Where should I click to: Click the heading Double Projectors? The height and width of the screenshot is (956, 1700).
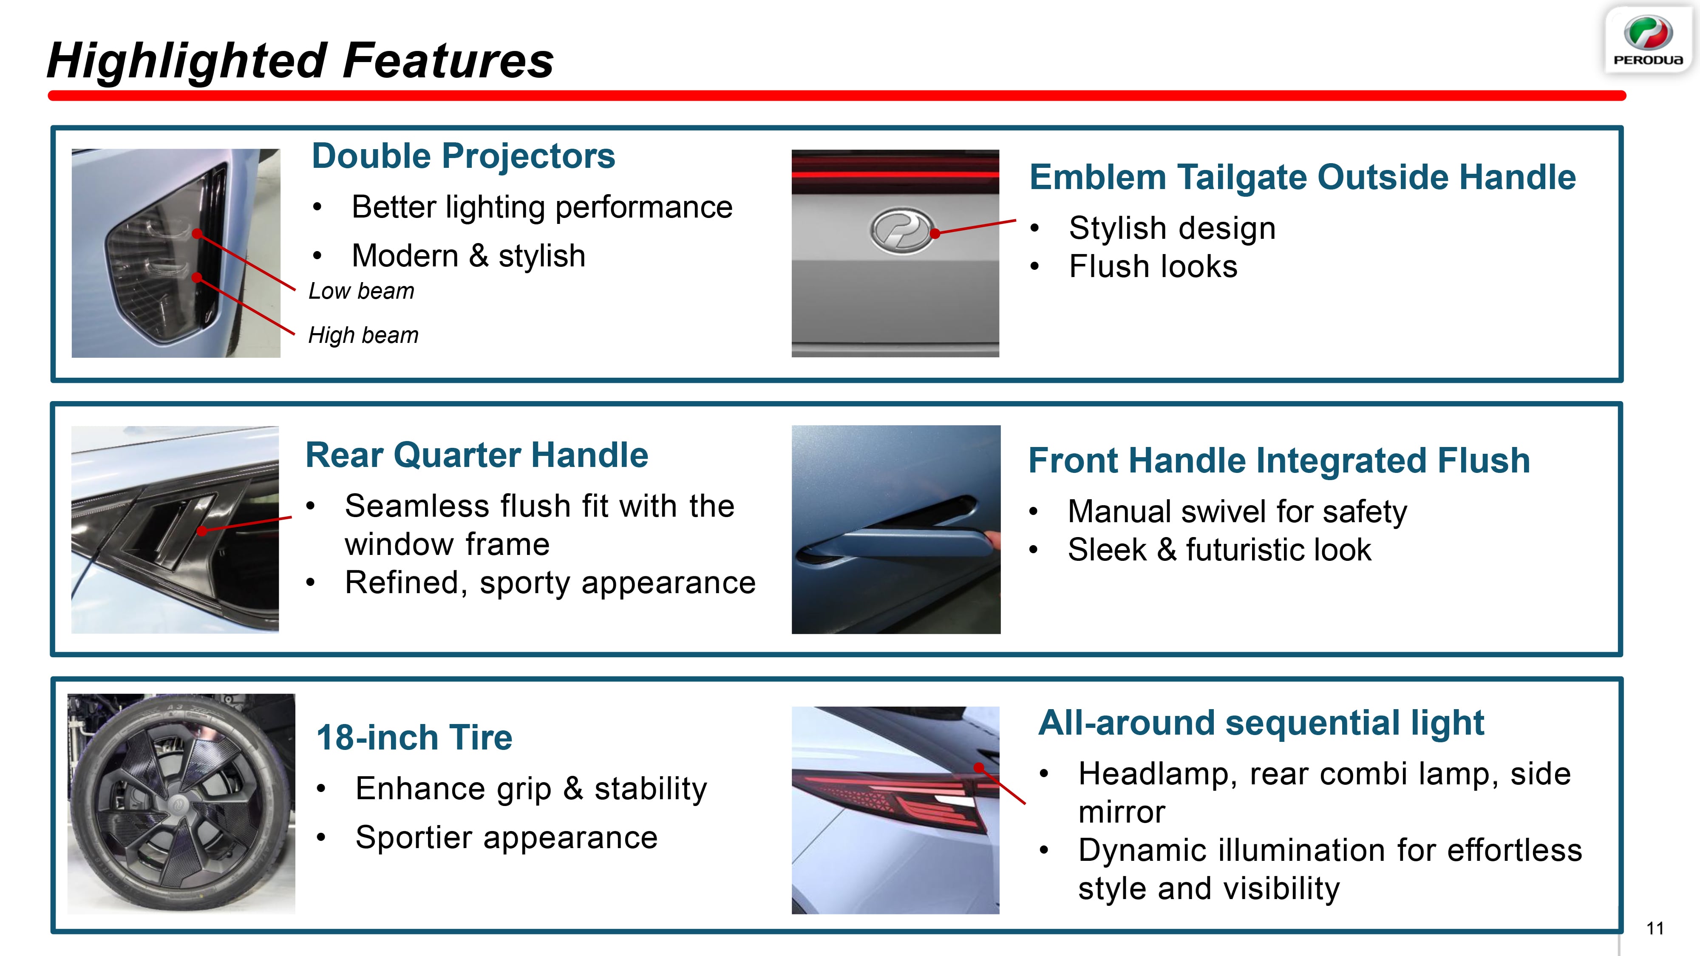tap(463, 156)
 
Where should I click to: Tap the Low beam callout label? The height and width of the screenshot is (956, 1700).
tap(362, 291)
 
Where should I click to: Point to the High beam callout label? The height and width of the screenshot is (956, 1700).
tap(364, 335)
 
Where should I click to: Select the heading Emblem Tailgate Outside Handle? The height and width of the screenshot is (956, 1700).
tap(1303, 178)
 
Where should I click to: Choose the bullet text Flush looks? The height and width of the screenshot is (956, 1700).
tap(1153, 266)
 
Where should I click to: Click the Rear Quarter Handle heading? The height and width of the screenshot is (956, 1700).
tap(476, 455)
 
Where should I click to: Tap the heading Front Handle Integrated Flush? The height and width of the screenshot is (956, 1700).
tap(1279, 461)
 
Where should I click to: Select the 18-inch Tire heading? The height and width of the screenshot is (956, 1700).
tap(414, 738)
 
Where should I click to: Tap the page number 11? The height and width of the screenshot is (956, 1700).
tap(1655, 928)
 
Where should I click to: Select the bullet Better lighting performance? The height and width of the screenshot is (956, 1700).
tap(542, 207)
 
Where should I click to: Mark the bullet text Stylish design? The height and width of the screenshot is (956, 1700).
tap(1172, 228)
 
